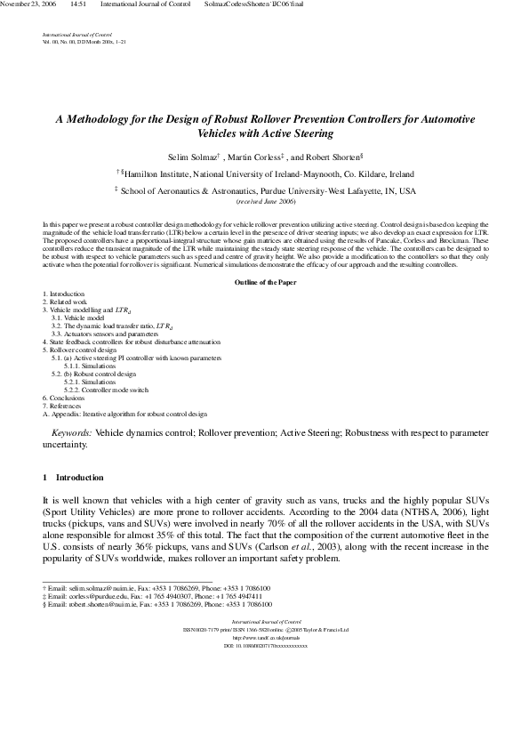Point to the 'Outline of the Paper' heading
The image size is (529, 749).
tap(264, 282)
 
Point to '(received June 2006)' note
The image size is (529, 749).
tap(264, 202)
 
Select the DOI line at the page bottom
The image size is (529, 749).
tap(264, 646)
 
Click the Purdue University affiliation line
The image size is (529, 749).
tap(267, 190)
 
